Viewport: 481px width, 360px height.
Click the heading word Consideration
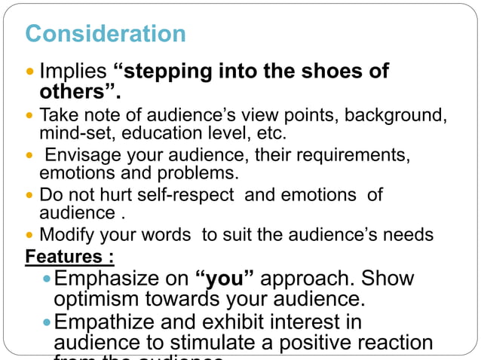pyautogui.click(x=105, y=34)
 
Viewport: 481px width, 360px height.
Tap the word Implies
pyautogui.click(x=73, y=72)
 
